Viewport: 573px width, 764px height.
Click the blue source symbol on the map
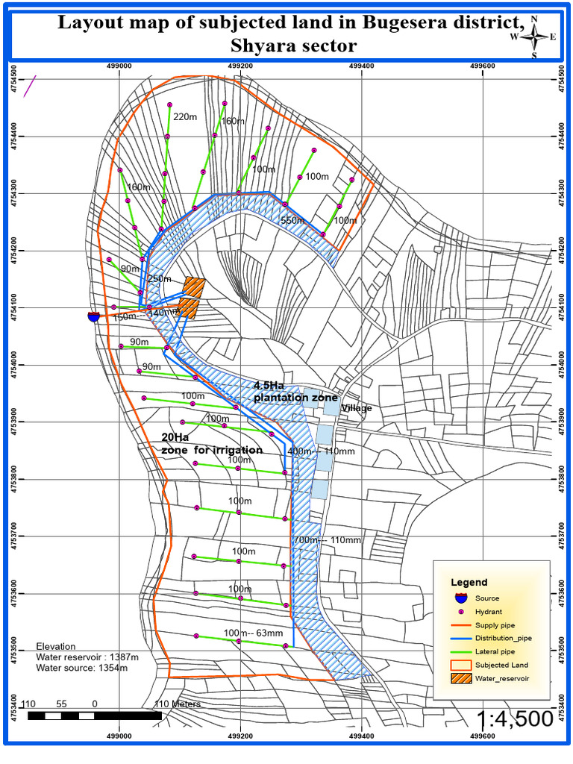coord(93,316)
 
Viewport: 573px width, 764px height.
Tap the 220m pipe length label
coord(184,117)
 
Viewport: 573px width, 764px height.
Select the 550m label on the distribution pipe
coord(292,221)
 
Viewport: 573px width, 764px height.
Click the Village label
coord(356,409)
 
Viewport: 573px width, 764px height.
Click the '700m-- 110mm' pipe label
coord(328,540)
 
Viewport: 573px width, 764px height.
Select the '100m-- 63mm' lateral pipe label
coord(253,633)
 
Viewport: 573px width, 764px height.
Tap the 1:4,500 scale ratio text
coord(516,719)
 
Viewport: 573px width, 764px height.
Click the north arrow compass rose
coord(534,37)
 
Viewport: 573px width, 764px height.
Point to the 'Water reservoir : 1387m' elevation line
coord(87,657)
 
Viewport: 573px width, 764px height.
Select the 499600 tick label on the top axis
coord(483,66)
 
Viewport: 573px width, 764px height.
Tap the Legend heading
coord(469,582)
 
